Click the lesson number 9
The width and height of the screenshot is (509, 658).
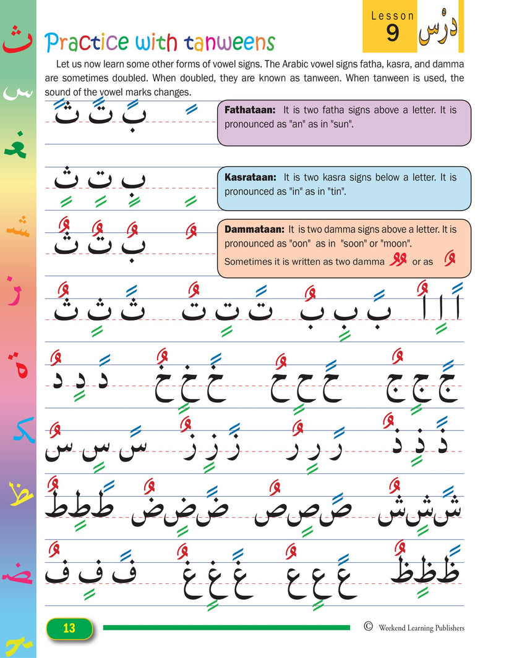392,34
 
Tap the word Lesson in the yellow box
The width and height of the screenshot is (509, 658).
392,15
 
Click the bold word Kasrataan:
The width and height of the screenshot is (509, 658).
250,177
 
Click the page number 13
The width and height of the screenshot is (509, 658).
69,628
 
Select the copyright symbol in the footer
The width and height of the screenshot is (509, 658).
369,626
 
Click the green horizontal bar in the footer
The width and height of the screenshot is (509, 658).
226,628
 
